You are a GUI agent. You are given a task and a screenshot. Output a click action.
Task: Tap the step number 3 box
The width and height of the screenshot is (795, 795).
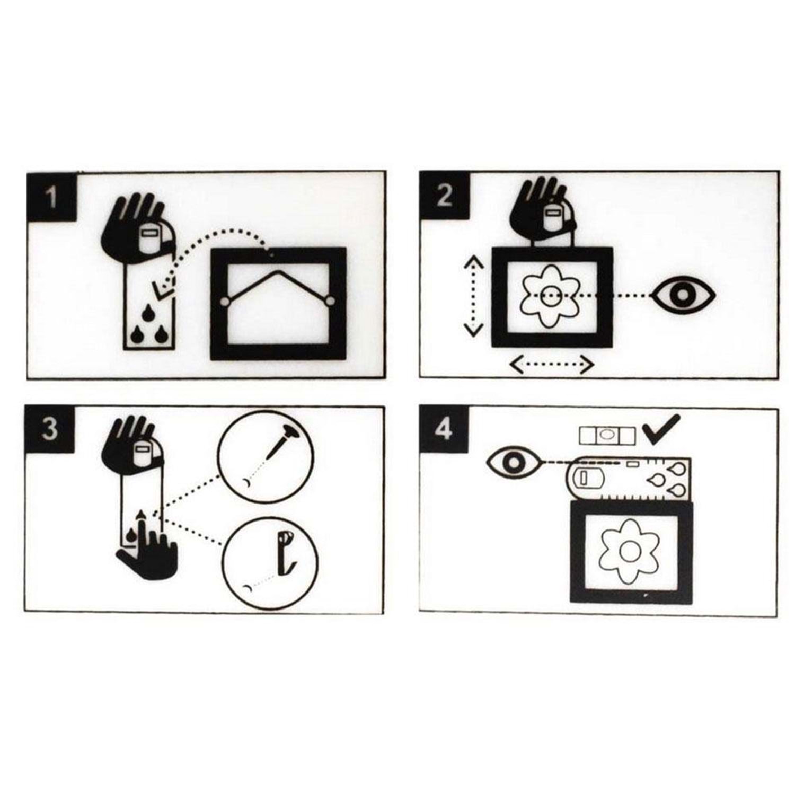(49, 429)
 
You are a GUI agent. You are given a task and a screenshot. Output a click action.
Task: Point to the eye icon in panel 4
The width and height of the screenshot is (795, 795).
(513, 463)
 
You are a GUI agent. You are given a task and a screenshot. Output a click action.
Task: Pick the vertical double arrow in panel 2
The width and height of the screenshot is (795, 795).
(473, 296)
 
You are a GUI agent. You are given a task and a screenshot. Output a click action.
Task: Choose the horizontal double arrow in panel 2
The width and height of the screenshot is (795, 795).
(551, 365)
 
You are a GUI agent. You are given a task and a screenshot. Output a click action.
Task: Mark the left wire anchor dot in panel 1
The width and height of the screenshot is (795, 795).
(225, 302)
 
